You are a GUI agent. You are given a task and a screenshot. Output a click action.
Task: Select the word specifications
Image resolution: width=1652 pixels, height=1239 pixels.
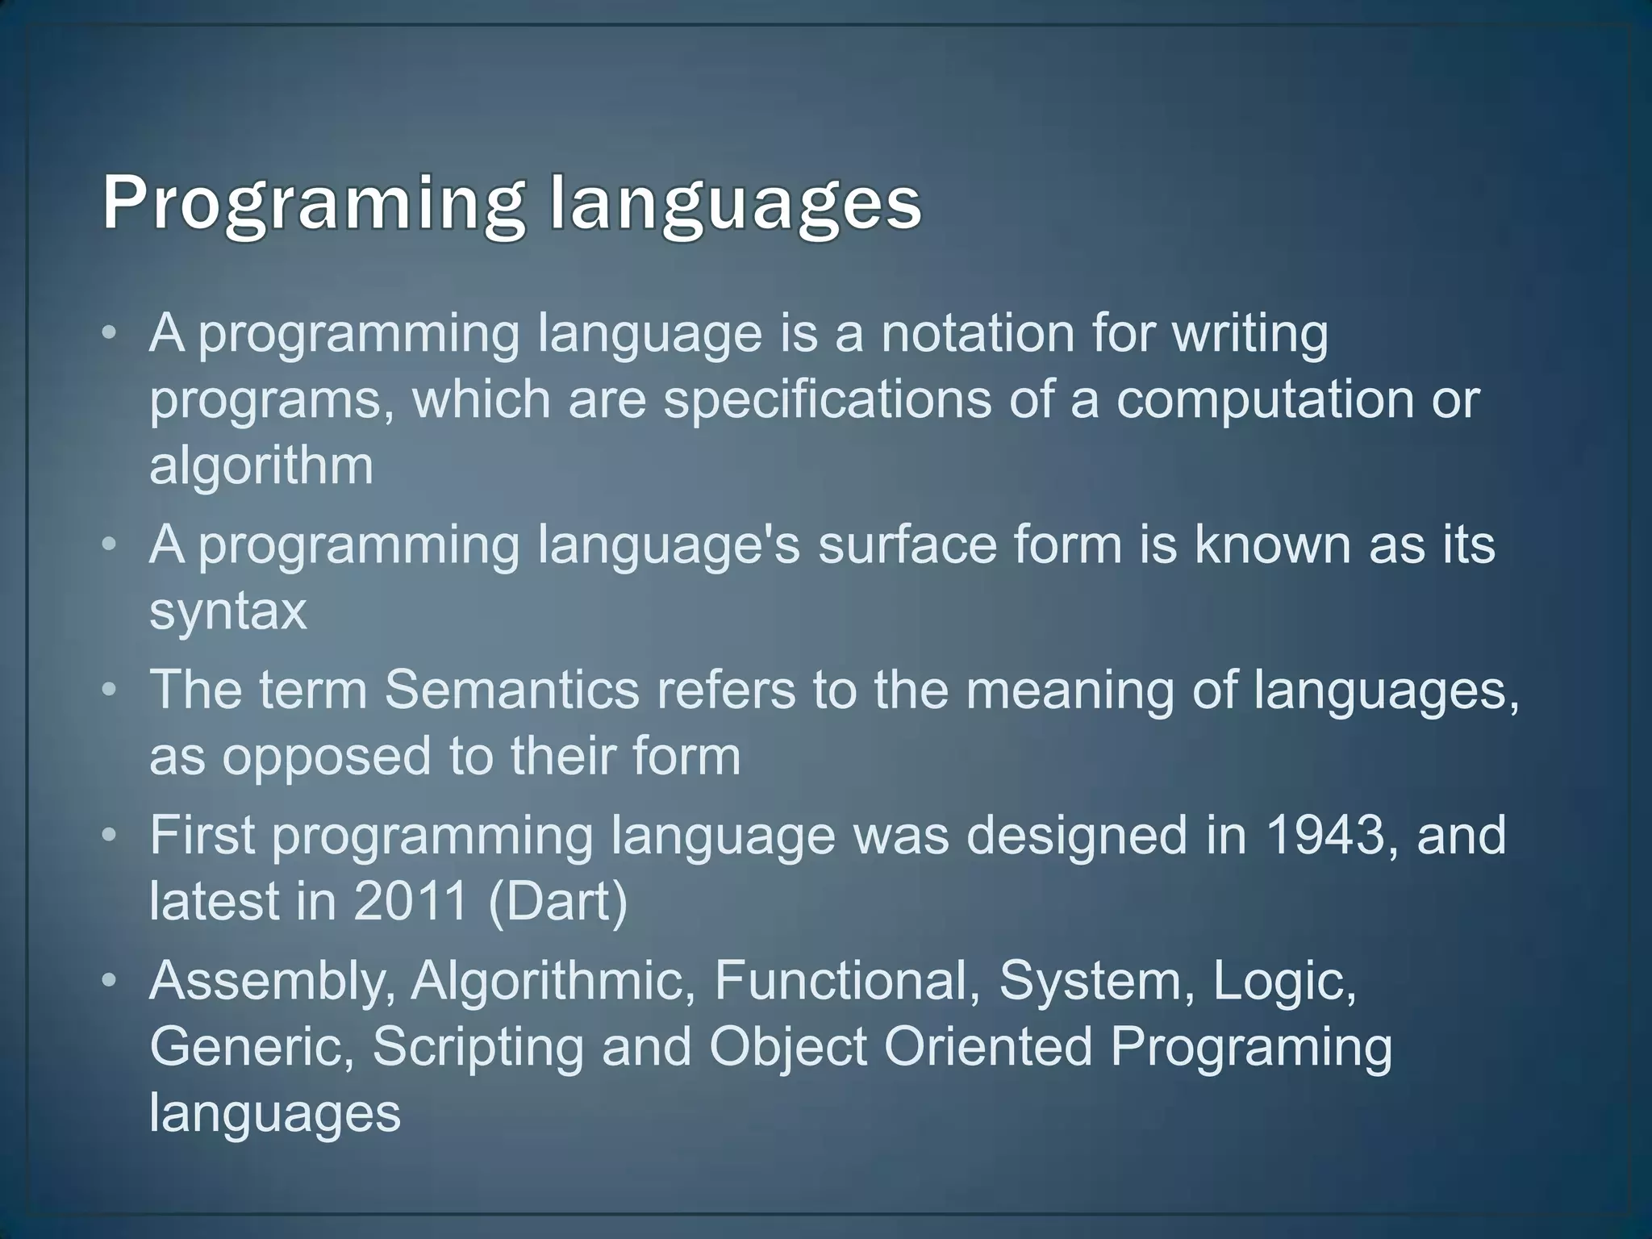(827, 399)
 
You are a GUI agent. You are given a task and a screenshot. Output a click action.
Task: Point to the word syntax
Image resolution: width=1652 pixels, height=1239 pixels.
(228, 611)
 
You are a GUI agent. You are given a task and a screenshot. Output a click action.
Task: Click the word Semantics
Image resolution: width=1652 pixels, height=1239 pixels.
(511, 690)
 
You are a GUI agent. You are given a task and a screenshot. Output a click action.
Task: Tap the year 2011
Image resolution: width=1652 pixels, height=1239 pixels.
(411, 901)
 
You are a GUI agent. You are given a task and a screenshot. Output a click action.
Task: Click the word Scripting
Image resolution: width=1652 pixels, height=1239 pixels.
(478, 1046)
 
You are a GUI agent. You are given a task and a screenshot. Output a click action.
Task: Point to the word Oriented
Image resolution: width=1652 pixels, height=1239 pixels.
(987, 1046)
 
